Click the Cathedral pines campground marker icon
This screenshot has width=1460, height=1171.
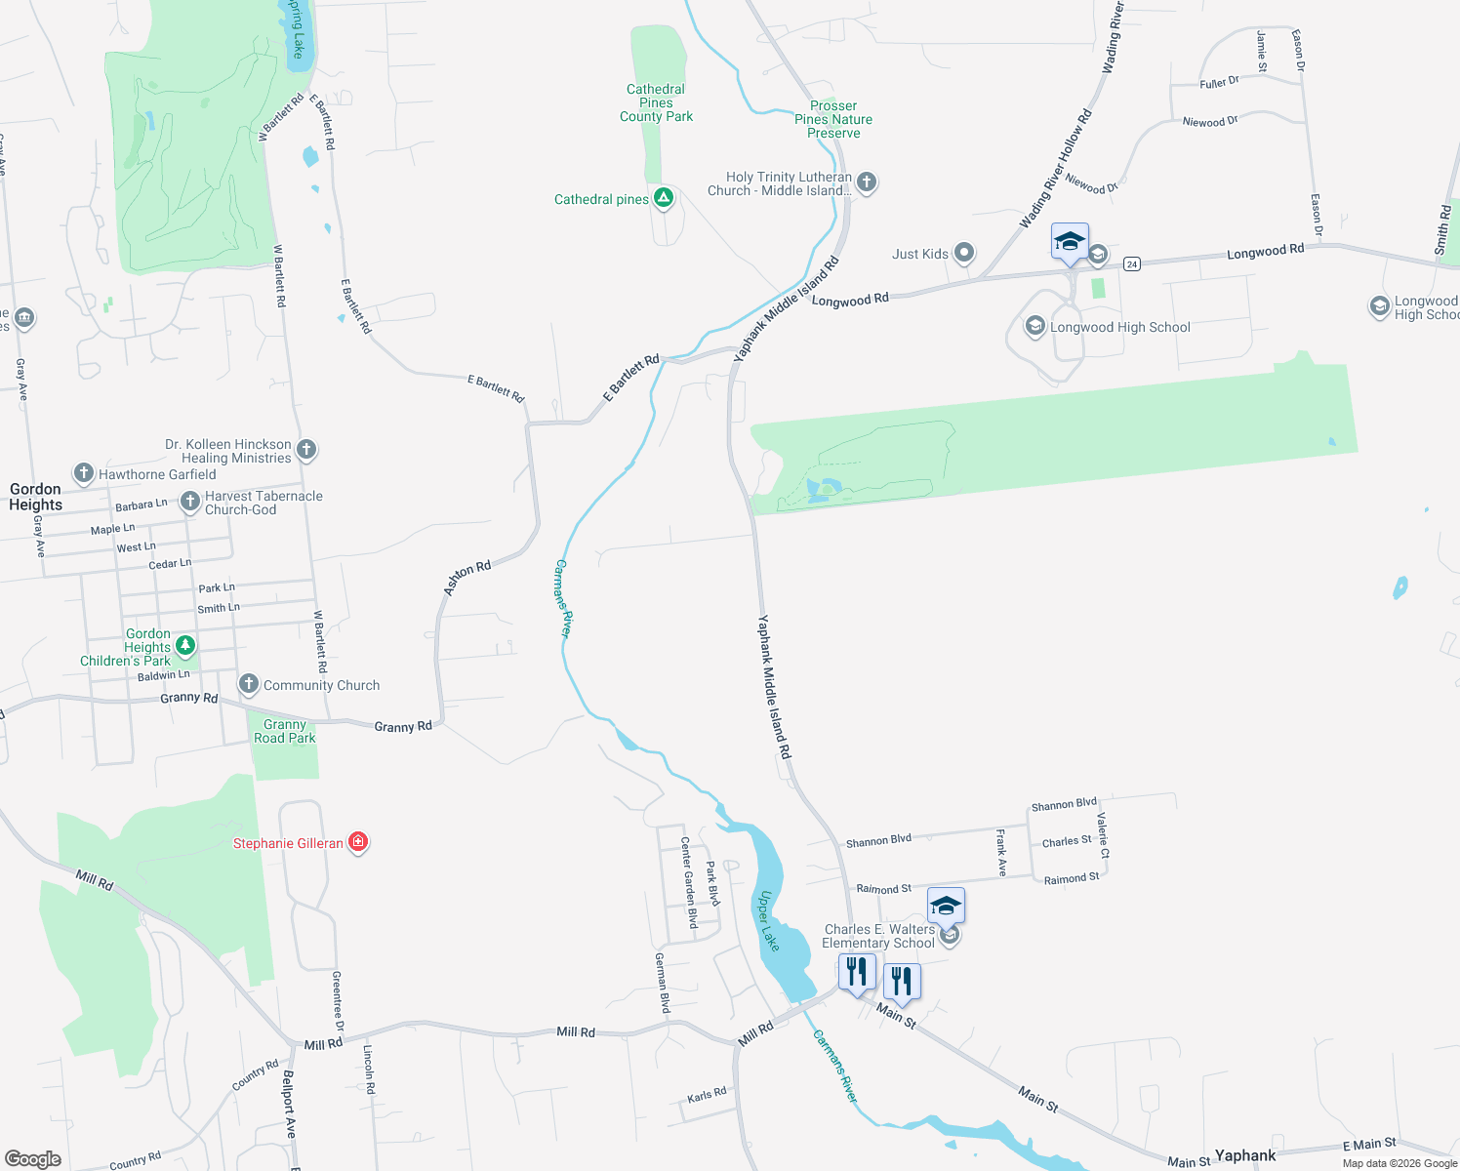click(664, 199)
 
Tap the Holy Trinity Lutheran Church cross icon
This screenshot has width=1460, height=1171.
click(866, 182)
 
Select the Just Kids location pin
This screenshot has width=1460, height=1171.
click(964, 254)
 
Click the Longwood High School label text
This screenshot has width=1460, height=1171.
click(1119, 328)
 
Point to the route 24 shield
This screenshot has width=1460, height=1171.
click(1132, 263)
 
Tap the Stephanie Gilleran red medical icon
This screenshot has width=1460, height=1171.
click(358, 842)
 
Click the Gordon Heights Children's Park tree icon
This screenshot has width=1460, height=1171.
click(184, 645)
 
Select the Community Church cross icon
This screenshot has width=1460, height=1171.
click(249, 684)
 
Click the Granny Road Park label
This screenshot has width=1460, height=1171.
click(284, 732)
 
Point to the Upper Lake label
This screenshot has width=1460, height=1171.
click(769, 921)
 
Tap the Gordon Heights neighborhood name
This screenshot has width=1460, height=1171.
click(35, 497)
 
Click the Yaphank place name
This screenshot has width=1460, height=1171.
click(1244, 1155)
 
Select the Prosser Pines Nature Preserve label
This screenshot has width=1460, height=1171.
click(833, 119)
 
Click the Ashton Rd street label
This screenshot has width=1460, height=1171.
click(467, 578)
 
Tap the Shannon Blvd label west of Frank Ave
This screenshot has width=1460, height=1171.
click(878, 840)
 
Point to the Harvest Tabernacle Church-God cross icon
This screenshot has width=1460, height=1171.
click(190, 502)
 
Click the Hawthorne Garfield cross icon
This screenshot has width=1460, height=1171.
click(84, 474)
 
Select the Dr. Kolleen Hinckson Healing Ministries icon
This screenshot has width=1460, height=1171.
click(306, 450)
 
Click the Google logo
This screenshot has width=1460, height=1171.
click(32, 1158)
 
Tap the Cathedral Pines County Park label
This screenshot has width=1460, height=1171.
click(656, 102)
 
